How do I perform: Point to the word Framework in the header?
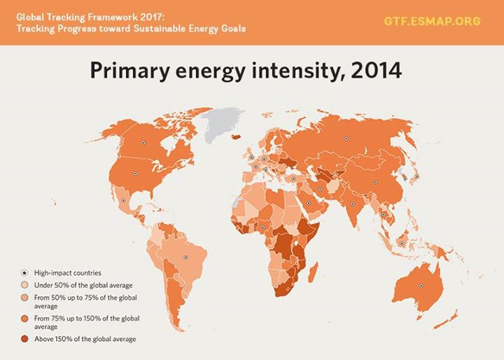[x=109, y=15]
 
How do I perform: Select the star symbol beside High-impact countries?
[x=24, y=272]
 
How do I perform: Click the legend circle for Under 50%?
[x=24, y=285]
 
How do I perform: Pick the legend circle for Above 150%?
[x=24, y=339]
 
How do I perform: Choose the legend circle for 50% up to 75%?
[x=24, y=298]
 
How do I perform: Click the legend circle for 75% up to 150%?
[x=24, y=319]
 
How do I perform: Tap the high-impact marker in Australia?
[x=421, y=285]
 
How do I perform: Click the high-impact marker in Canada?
[x=143, y=142]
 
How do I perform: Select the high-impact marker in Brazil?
[x=185, y=257]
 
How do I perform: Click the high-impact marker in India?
[x=352, y=205]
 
